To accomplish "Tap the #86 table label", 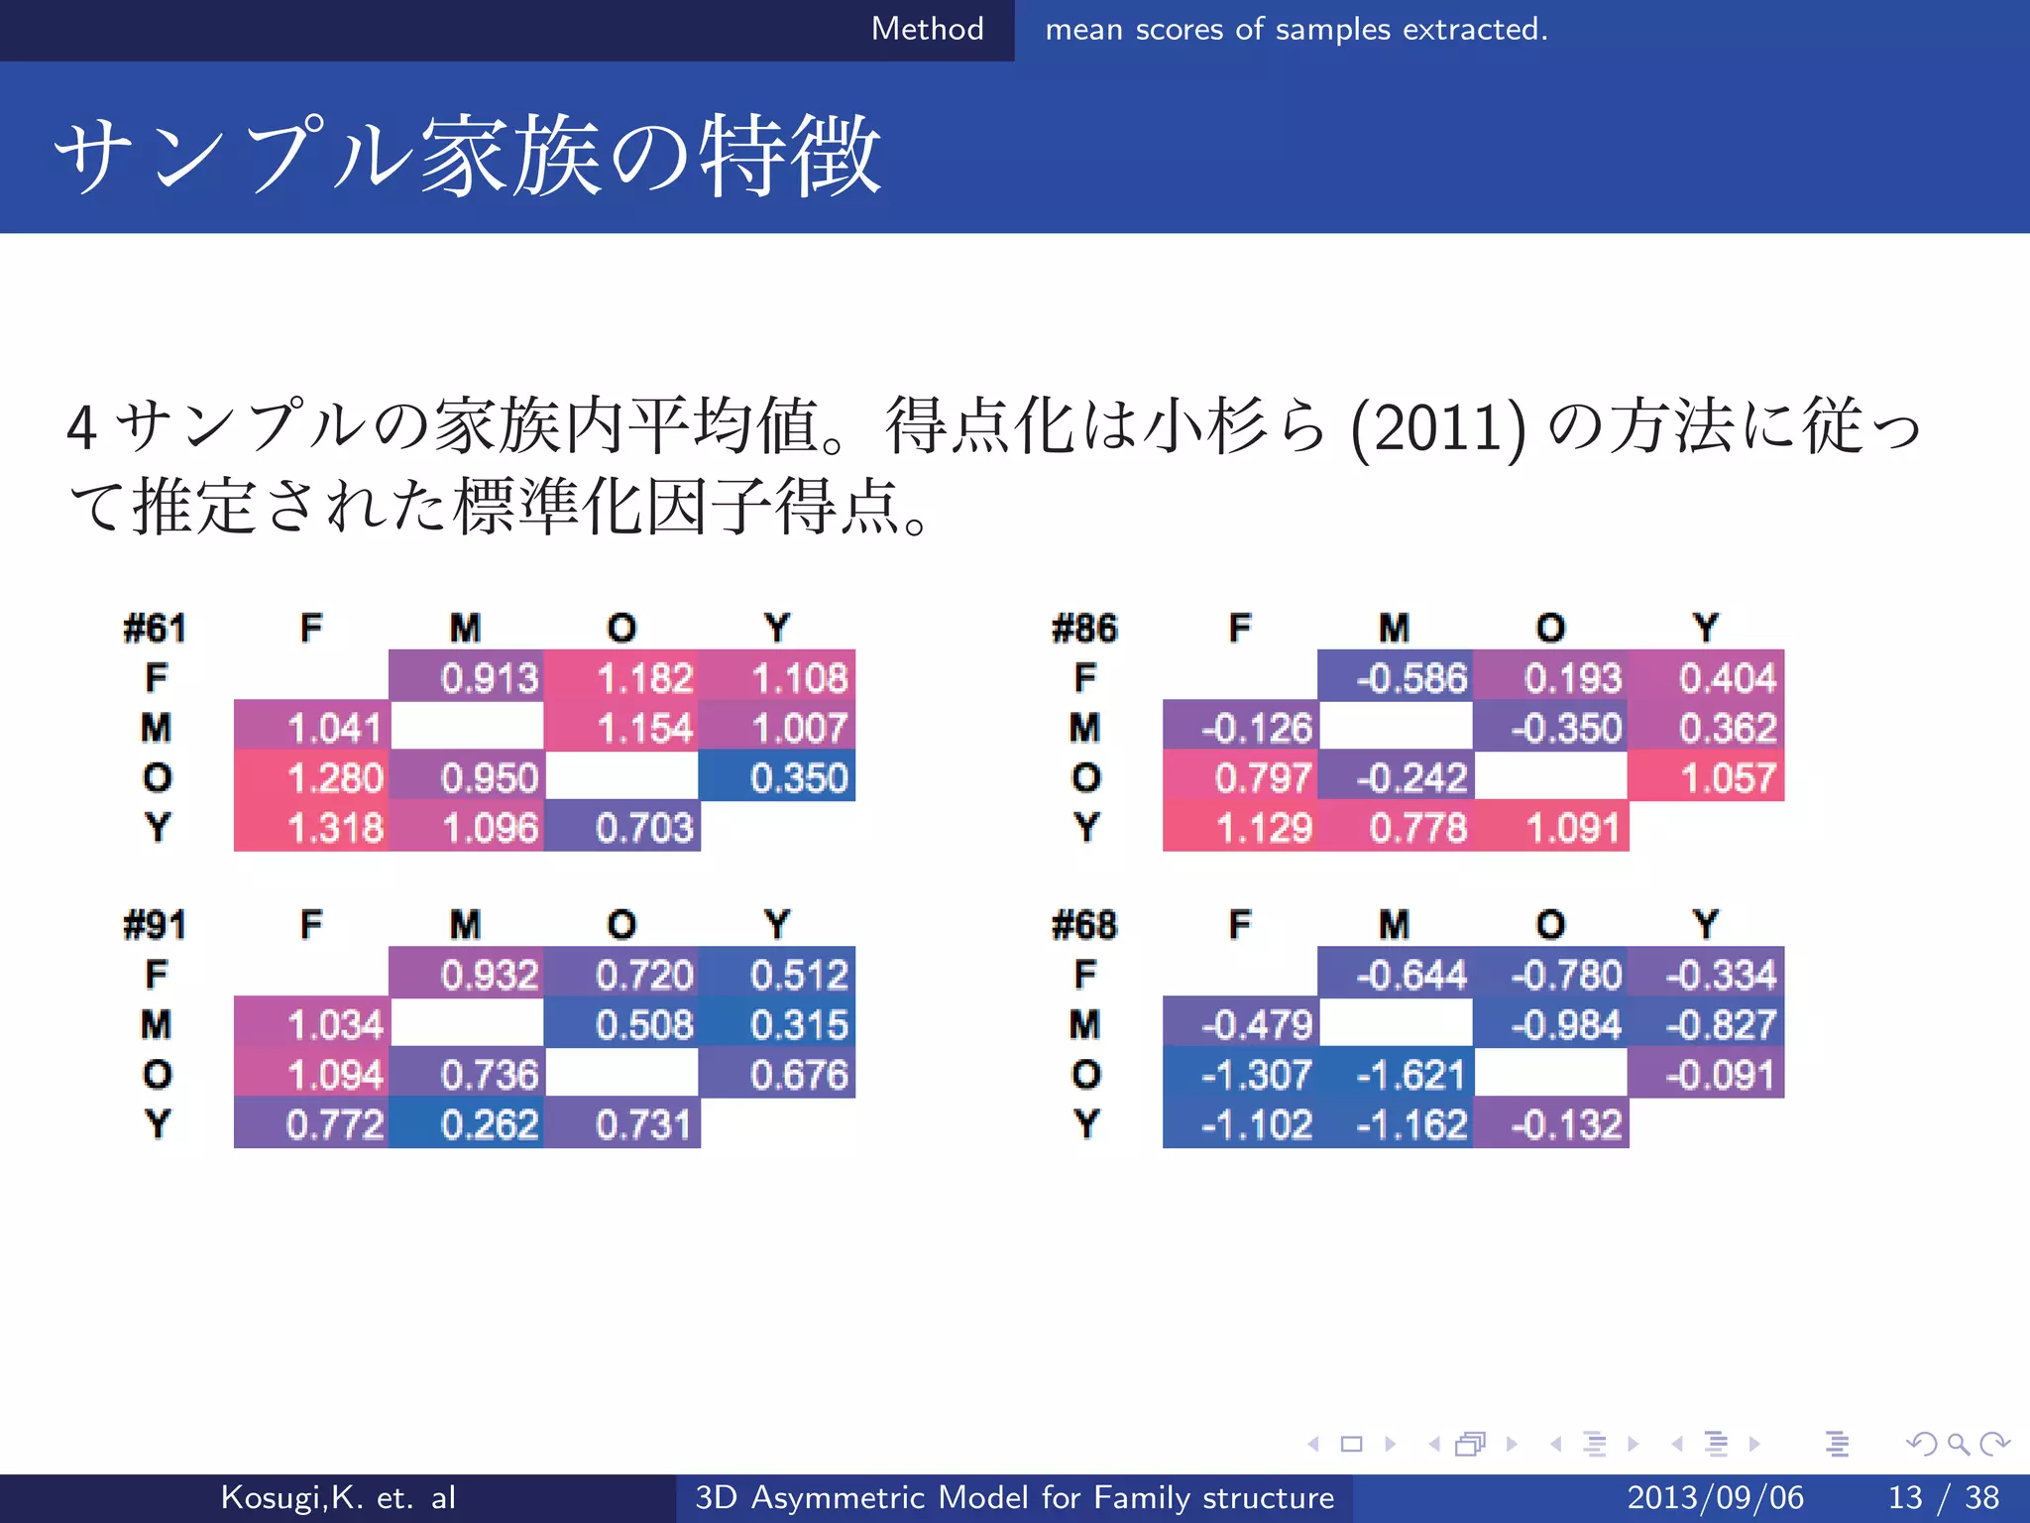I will (1083, 629).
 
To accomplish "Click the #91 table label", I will (155, 925).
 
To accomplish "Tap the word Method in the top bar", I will (927, 29).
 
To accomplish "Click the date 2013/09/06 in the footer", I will (1715, 1497).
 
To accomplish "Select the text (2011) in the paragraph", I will (1437, 428).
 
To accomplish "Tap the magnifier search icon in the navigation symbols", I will (1958, 1444).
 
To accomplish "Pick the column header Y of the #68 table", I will (1705, 925).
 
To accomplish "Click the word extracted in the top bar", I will (1475, 30).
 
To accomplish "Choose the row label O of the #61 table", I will (157, 778).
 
